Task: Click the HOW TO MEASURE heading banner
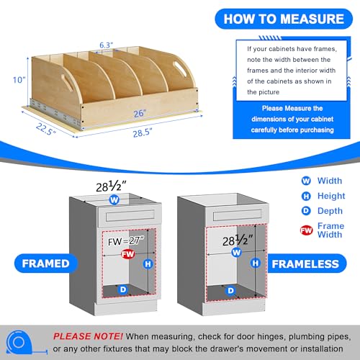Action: (x=284, y=19)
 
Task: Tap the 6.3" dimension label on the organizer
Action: (x=106, y=45)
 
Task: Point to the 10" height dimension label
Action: (x=19, y=80)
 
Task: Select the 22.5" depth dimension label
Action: (x=46, y=129)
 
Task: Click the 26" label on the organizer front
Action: (x=140, y=113)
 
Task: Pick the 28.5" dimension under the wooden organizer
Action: (x=143, y=132)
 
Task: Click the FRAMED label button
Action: (x=46, y=264)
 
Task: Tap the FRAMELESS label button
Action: (x=305, y=264)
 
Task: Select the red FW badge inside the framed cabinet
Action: (x=127, y=254)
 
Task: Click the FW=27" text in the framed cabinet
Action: (x=126, y=241)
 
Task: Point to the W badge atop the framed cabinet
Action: (x=114, y=199)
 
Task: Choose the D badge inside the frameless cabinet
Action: (x=230, y=291)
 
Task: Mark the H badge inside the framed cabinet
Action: (x=148, y=264)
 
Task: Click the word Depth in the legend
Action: (x=330, y=211)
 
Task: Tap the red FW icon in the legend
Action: (x=307, y=230)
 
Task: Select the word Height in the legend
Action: (x=331, y=196)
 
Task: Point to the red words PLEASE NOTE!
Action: (x=88, y=336)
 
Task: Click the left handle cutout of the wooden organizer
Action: (x=67, y=82)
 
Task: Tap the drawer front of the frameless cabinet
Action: (x=238, y=215)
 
